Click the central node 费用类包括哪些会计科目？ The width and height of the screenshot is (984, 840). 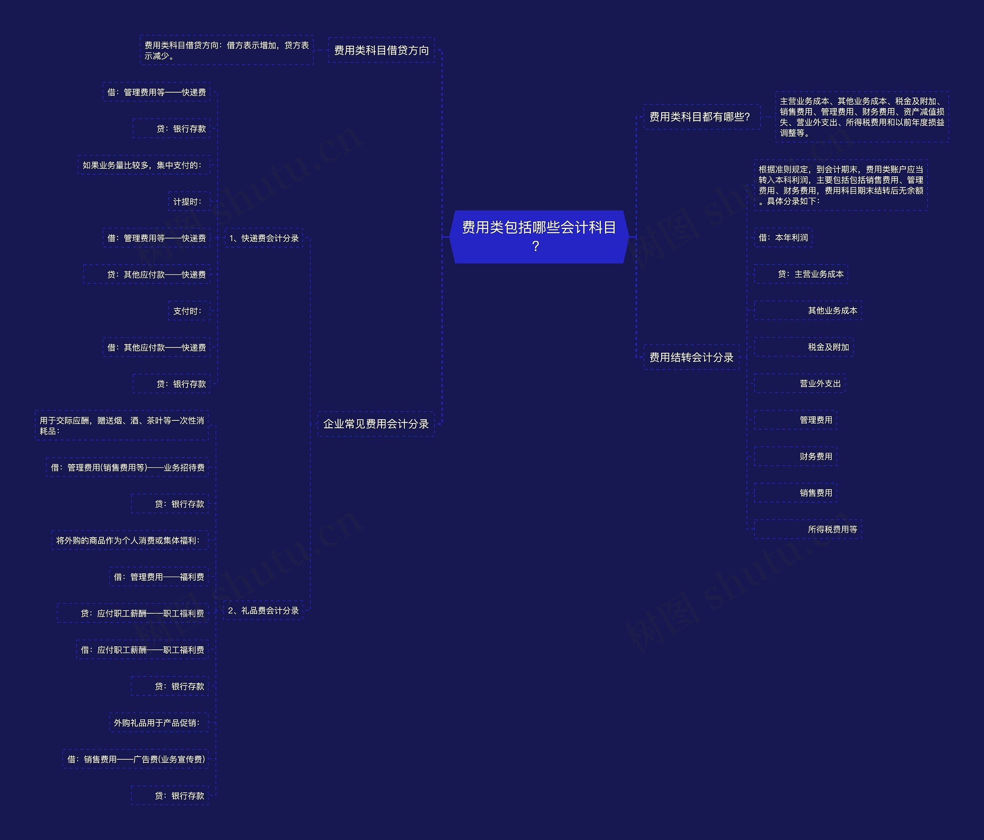[539, 236]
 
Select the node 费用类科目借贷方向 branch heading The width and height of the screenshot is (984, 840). [381, 50]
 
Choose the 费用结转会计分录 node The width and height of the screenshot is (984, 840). [691, 357]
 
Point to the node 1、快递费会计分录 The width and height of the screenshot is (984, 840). [264, 238]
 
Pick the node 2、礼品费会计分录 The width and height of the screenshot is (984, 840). [263, 610]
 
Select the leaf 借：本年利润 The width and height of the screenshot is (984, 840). [783, 237]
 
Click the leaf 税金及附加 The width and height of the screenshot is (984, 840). [828, 347]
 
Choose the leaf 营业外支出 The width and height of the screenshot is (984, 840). [820, 383]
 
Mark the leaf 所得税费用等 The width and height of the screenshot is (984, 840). [832, 529]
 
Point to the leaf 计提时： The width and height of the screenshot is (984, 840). [189, 202]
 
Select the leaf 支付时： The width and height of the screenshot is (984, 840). [189, 311]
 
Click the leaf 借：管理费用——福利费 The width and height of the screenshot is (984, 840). [159, 576]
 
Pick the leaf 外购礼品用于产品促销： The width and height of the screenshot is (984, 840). [158, 722]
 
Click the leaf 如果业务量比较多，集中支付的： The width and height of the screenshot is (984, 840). [143, 165]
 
